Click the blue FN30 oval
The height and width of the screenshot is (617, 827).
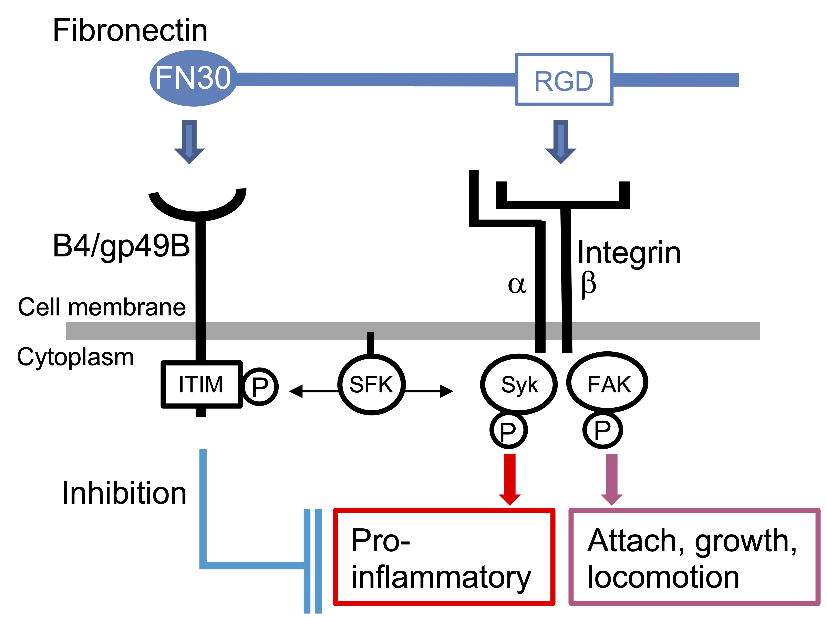tap(193, 78)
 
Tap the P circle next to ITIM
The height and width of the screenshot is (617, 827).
tap(260, 386)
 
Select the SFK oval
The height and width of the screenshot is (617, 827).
tap(371, 384)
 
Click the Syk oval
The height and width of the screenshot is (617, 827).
tap(519, 384)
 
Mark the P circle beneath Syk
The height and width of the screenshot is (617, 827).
tap(508, 430)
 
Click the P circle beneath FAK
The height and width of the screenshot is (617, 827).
tap(602, 430)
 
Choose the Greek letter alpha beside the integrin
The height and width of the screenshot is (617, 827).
tap(517, 285)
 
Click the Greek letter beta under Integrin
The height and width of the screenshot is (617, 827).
tap(588, 285)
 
